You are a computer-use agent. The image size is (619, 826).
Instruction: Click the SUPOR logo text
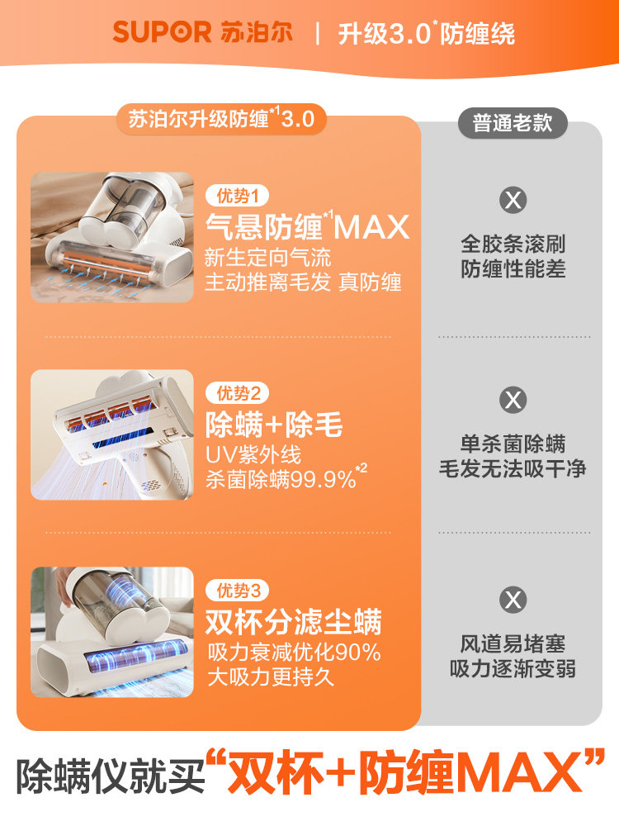click(162, 33)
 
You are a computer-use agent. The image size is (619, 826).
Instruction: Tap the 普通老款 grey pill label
click(513, 123)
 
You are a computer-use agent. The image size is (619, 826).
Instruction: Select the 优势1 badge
click(237, 196)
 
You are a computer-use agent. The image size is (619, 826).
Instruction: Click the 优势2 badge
click(237, 393)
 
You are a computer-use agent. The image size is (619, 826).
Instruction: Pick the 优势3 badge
click(237, 591)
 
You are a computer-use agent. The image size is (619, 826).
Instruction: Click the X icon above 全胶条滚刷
click(513, 200)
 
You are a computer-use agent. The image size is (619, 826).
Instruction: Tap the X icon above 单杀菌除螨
click(513, 401)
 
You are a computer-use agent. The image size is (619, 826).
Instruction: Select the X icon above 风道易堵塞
click(513, 599)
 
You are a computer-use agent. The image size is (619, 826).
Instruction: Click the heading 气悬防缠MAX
click(307, 225)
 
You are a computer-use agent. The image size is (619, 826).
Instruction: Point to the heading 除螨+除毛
click(274, 425)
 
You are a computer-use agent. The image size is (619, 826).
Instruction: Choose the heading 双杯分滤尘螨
click(293, 623)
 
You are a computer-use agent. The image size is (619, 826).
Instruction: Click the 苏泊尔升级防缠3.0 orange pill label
click(220, 119)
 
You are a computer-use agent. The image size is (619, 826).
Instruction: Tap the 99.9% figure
click(324, 480)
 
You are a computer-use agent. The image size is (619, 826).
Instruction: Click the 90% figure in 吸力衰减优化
click(358, 653)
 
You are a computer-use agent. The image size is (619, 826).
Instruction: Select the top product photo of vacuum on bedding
click(112, 237)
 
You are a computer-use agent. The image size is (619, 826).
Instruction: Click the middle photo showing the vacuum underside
click(112, 434)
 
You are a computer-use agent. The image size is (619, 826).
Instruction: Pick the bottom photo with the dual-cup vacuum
click(112, 632)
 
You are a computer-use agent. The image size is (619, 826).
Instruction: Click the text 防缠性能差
click(513, 269)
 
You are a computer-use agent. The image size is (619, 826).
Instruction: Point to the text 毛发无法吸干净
click(513, 468)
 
